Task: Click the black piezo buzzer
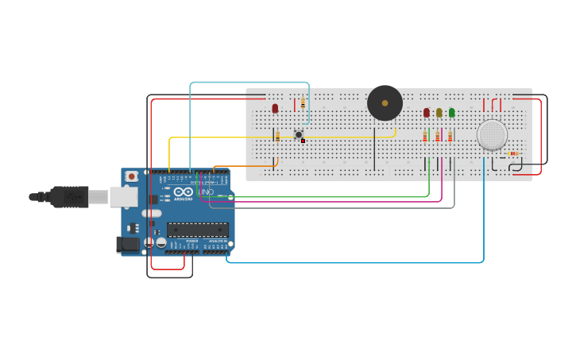[x=385, y=103]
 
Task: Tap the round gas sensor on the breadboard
[x=492, y=134]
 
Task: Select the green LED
[x=451, y=113]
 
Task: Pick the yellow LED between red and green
[x=439, y=113]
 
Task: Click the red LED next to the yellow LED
[x=427, y=113]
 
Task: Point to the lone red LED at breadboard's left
[x=275, y=108]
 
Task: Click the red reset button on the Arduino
[x=132, y=176]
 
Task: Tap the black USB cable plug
[x=72, y=196]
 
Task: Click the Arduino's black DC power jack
[x=127, y=245]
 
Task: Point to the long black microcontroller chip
[x=197, y=230]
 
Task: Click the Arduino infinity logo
[x=183, y=192]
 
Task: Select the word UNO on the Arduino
[x=205, y=192]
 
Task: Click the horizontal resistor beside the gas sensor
[x=513, y=153]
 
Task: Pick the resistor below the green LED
[x=450, y=137]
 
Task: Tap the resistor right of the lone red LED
[x=303, y=103]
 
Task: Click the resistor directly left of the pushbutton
[x=277, y=137]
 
